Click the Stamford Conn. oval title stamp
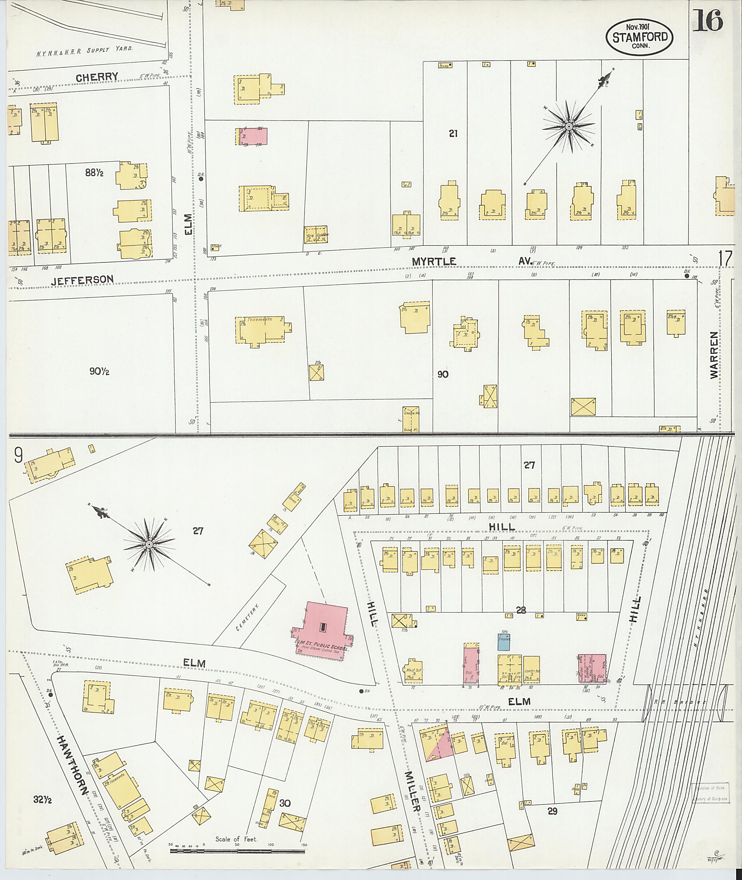point(639,37)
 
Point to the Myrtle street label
point(434,262)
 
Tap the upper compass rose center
point(568,126)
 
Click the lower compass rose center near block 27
point(149,545)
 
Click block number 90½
point(99,371)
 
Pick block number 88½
point(94,173)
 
